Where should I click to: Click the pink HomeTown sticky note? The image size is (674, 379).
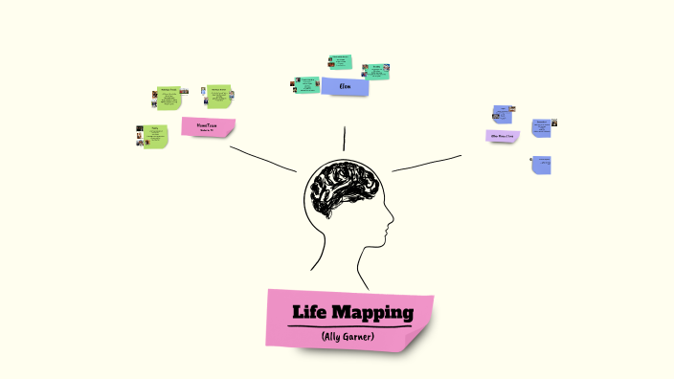click(x=208, y=126)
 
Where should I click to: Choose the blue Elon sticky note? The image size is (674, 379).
click(x=346, y=87)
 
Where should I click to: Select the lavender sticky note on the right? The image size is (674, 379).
click(x=503, y=136)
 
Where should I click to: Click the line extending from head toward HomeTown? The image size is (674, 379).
click(x=263, y=159)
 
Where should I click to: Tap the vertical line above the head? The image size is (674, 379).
click(x=344, y=139)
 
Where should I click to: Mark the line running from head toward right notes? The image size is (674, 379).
click(x=426, y=163)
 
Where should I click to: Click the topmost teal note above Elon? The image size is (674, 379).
click(x=341, y=63)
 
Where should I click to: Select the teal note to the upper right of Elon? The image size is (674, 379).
click(x=376, y=72)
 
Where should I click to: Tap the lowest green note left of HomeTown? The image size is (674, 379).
click(x=155, y=136)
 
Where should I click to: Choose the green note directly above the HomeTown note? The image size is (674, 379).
click(x=219, y=97)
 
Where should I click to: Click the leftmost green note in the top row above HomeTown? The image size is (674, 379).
click(x=169, y=98)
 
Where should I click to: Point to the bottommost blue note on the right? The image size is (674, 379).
click(x=542, y=164)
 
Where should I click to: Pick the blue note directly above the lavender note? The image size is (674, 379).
click(x=502, y=114)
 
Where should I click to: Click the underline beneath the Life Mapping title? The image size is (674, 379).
click(x=350, y=326)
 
